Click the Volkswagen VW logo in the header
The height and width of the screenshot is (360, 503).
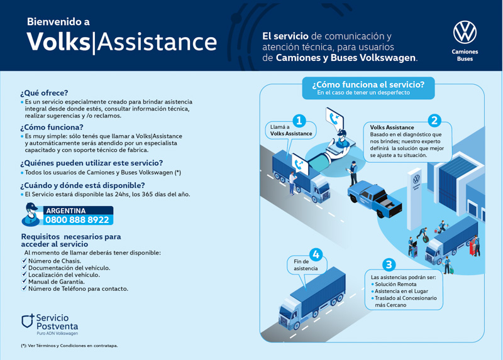pos(465,31)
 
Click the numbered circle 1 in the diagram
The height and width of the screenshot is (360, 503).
pos(299,120)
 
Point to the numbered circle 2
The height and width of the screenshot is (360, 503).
pos(434,120)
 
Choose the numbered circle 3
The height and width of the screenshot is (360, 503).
pos(389,265)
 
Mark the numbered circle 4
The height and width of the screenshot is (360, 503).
pos(316,254)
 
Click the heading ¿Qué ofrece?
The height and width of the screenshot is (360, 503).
pos(44,92)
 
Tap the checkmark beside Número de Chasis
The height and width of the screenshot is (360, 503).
pos(25,260)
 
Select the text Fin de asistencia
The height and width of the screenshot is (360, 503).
pos(306,265)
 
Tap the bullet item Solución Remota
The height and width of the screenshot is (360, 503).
pos(395,284)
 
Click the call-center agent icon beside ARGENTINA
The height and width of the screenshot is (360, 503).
pos(31,214)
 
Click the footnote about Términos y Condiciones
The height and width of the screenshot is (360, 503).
pos(69,346)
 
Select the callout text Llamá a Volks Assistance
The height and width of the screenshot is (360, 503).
pos(290,130)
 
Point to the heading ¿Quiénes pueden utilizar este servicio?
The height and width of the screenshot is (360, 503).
pos(91,163)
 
